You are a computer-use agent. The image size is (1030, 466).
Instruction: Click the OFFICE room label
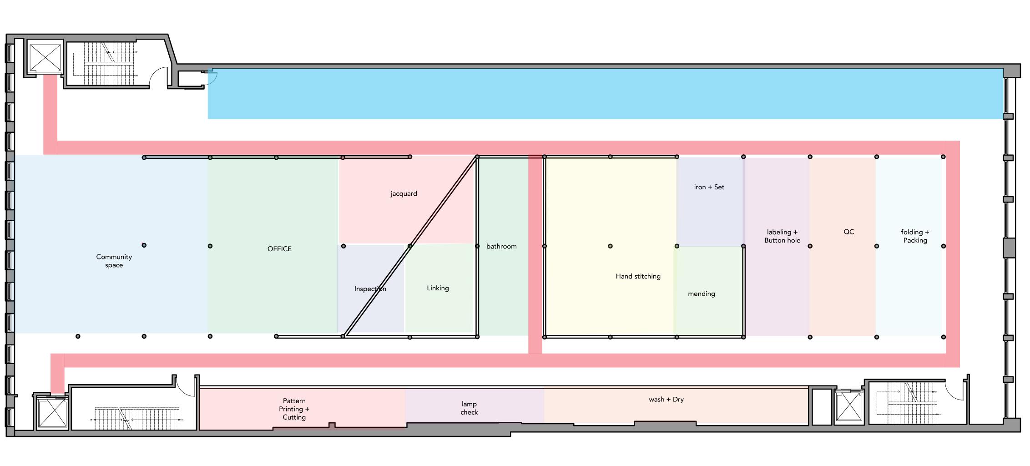pyautogui.click(x=279, y=249)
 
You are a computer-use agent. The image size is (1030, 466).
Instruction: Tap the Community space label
pyautogui.click(x=114, y=261)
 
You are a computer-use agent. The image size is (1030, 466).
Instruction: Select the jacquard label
pyautogui.click(x=404, y=194)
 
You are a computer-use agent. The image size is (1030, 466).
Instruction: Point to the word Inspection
pyautogui.click(x=370, y=289)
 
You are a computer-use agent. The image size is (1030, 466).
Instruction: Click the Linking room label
pyautogui.click(x=438, y=288)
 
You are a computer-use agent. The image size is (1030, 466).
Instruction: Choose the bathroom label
pyautogui.click(x=501, y=246)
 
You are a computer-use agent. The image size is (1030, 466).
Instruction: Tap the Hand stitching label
pyautogui.click(x=638, y=276)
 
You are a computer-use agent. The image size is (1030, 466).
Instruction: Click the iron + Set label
pyautogui.click(x=709, y=187)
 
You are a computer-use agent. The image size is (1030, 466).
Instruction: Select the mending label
pyautogui.click(x=701, y=294)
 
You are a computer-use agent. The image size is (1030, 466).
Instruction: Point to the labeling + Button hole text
pyautogui.click(x=782, y=236)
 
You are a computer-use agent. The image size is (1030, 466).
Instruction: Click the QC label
pyautogui.click(x=848, y=232)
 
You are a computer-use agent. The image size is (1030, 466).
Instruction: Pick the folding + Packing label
pyautogui.click(x=915, y=236)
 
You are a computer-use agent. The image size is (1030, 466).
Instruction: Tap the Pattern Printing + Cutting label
pyautogui.click(x=294, y=409)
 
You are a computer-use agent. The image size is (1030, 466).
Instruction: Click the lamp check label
pyautogui.click(x=469, y=408)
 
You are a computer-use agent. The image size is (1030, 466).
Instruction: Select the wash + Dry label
pyautogui.click(x=666, y=400)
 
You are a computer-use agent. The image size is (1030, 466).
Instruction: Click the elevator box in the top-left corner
pyautogui.click(x=45, y=58)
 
